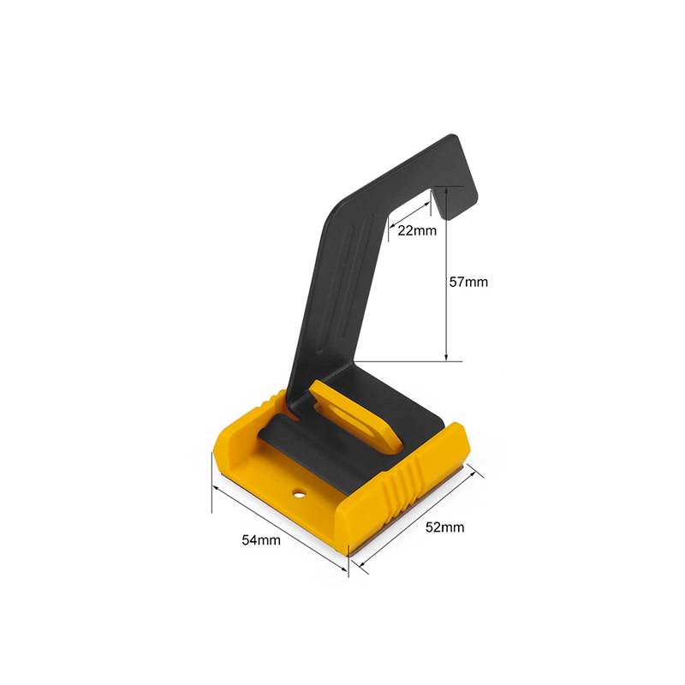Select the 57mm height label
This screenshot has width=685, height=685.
[468, 282]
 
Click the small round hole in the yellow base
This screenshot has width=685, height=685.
[299, 493]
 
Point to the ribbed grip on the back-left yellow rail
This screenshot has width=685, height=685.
[271, 400]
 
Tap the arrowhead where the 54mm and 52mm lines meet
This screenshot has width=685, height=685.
[350, 565]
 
